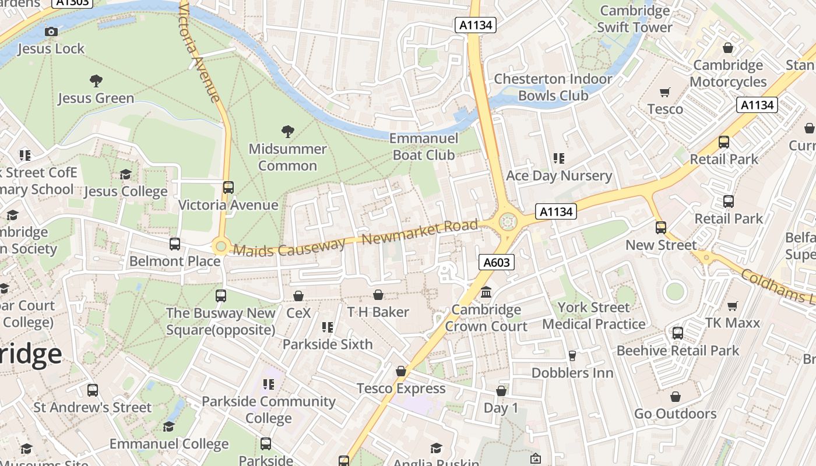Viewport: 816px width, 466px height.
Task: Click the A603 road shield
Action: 497,263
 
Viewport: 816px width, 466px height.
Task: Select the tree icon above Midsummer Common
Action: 287,131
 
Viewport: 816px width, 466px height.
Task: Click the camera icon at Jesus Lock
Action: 51,31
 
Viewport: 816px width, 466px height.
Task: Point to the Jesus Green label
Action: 96,98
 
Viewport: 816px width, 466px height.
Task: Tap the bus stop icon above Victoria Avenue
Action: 228,188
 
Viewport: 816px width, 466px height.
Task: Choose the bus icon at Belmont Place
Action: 175,244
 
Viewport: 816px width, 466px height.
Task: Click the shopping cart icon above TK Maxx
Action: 733,306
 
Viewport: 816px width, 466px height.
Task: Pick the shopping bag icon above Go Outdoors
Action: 675,397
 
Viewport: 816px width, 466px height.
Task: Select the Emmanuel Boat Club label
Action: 424,147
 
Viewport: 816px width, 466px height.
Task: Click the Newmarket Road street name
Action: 420,232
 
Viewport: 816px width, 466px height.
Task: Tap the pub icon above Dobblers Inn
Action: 572,355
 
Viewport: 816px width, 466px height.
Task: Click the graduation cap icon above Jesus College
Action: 125,174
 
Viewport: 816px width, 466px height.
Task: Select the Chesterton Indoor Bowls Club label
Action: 553,87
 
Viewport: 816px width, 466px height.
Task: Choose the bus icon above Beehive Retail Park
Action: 677,333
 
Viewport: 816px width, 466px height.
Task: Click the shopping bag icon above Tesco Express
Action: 401,371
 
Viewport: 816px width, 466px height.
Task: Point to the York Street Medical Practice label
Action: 594,316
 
